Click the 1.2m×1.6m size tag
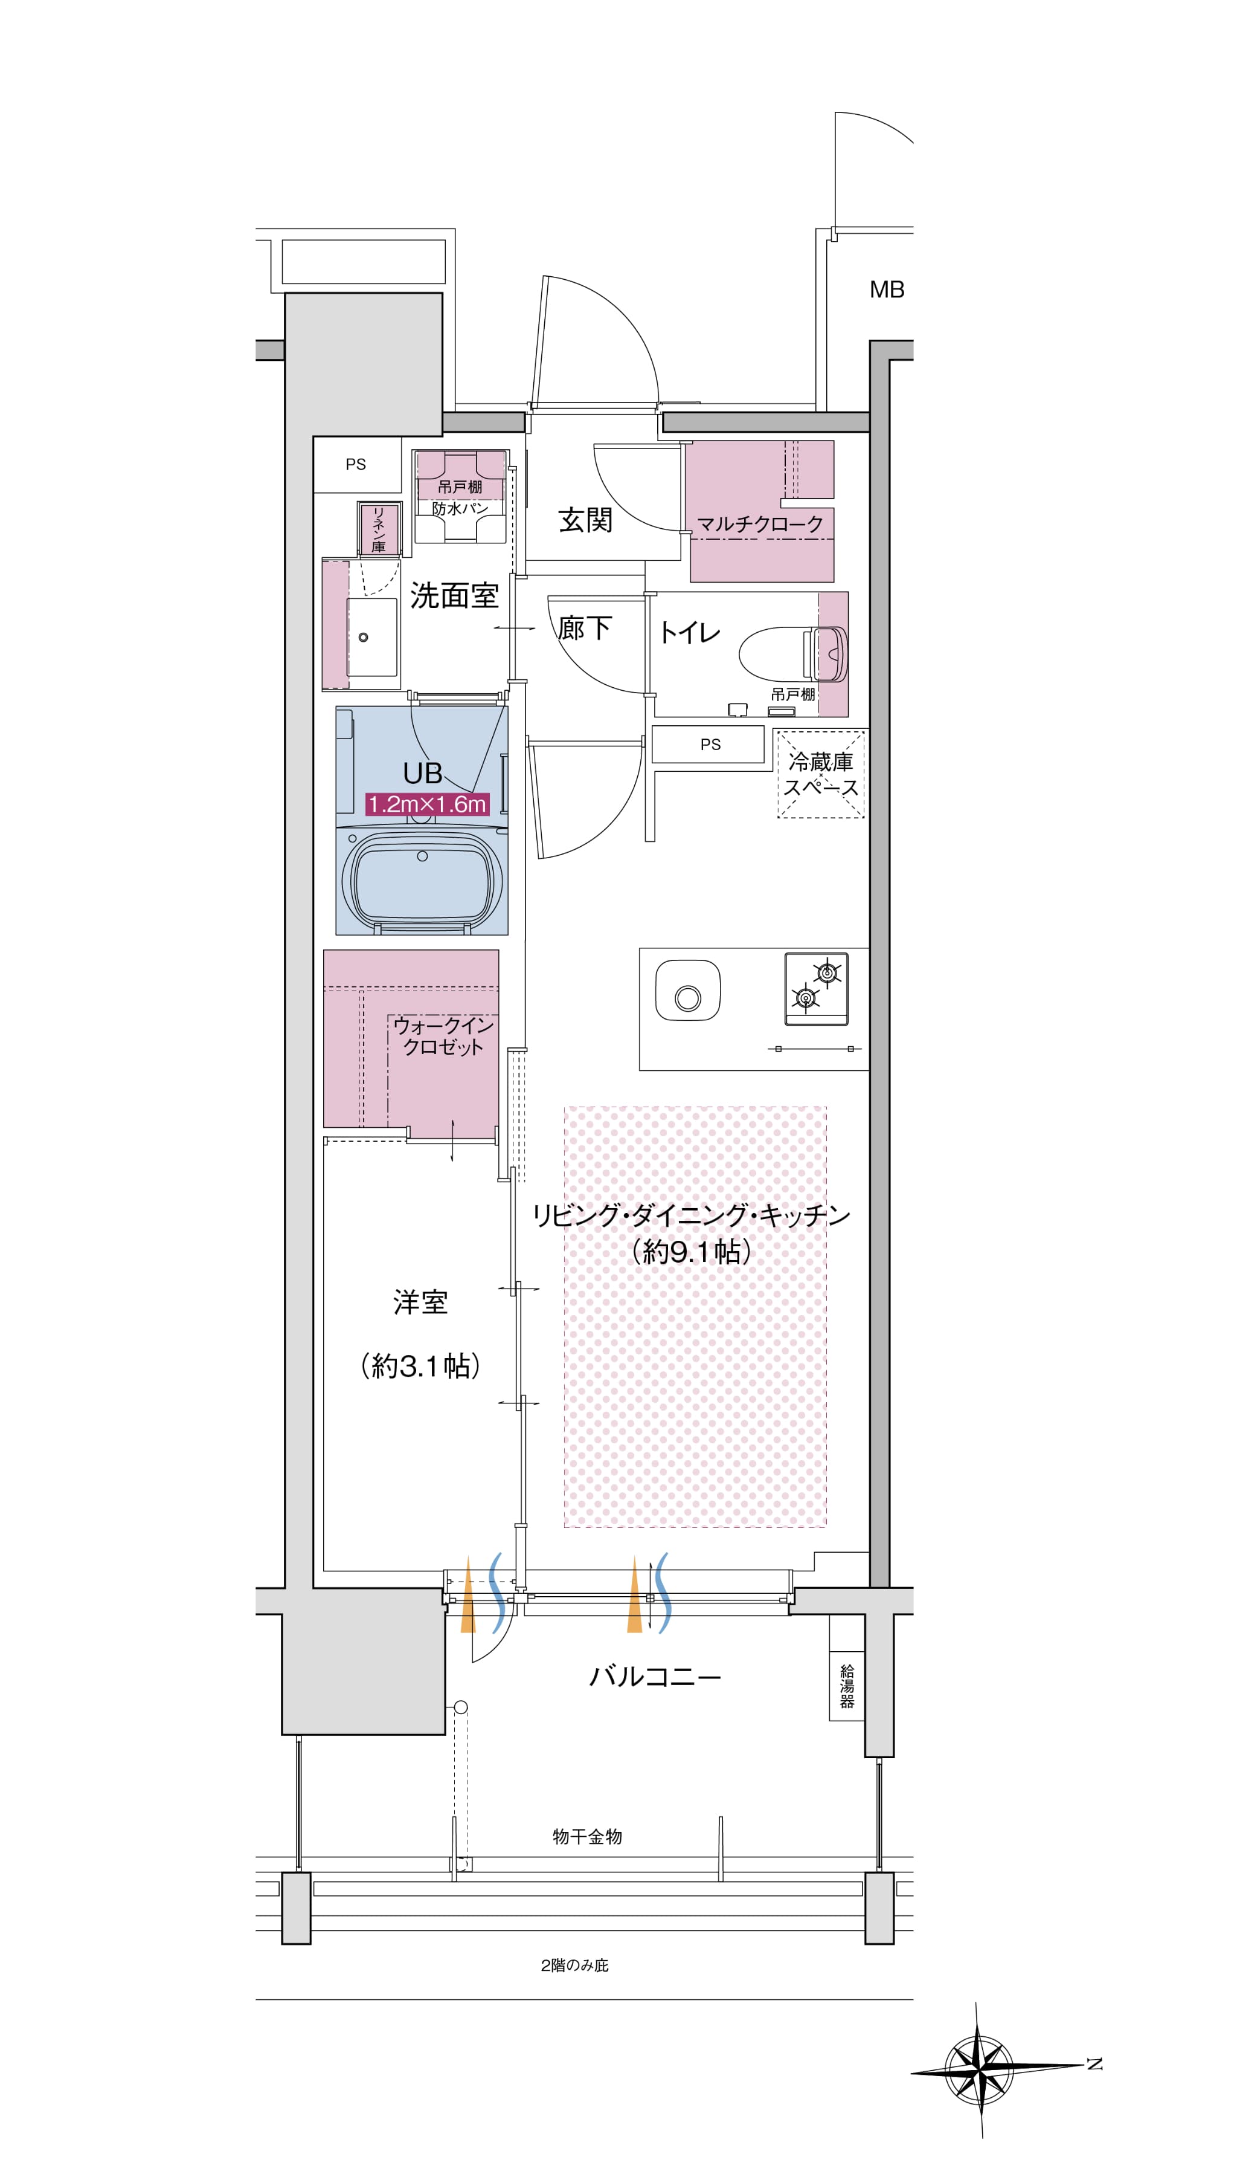[x=426, y=804]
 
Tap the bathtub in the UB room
[x=422, y=881]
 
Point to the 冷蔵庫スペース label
[x=821, y=774]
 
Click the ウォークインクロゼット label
[x=443, y=1036]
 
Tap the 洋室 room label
[x=420, y=1302]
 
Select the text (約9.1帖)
[x=692, y=1252]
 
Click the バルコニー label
[x=655, y=1677]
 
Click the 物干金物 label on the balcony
[x=587, y=1837]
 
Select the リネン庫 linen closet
[x=379, y=529]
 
